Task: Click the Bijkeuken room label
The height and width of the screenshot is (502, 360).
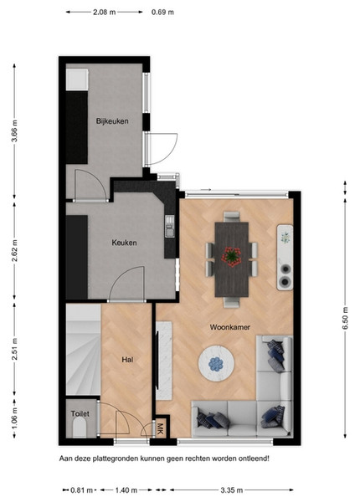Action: click(112, 121)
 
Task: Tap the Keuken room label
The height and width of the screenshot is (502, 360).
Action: click(124, 243)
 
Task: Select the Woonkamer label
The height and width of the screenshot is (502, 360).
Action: click(230, 327)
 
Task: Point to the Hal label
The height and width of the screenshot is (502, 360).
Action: click(127, 360)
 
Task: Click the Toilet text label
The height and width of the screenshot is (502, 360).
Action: click(80, 413)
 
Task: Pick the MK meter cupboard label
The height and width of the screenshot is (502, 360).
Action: click(161, 428)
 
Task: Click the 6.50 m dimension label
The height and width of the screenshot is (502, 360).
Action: click(345, 318)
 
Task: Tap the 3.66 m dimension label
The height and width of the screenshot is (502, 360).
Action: click(14, 131)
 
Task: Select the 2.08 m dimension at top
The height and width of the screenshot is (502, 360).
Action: click(105, 13)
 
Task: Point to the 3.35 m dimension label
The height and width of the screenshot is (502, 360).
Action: click(232, 490)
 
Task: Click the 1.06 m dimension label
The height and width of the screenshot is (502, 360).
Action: click(14, 418)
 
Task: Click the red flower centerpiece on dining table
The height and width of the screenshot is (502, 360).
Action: click(231, 257)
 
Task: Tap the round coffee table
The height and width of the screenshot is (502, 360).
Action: click(216, 363)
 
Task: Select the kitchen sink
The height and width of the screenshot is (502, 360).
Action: click(170, 227)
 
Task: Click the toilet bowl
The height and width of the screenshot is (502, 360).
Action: click(80, 428)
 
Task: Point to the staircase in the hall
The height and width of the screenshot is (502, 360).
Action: click(83, 349)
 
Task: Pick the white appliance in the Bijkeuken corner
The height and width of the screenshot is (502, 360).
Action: click(77, 79)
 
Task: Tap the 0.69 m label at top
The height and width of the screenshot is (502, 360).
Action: click(162, 13)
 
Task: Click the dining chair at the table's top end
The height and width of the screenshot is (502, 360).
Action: click(231, 217)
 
